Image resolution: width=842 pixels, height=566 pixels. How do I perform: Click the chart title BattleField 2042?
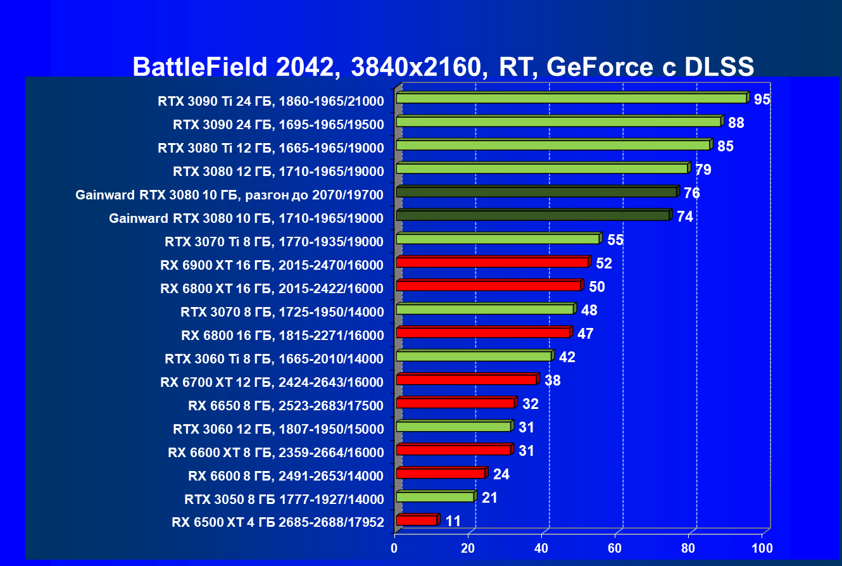pos(443,66)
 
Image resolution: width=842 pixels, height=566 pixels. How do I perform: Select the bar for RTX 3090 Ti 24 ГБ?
pos(571,98)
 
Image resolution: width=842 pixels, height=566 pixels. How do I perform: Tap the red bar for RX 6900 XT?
pos(492,262)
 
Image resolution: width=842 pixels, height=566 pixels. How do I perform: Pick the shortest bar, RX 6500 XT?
pos(417,520)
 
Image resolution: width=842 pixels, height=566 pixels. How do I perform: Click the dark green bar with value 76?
pos(536,192)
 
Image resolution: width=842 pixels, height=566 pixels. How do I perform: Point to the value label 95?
pos(762,99)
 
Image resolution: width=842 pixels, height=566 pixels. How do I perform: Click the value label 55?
pos(615,240)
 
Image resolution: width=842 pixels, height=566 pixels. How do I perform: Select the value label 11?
pos(453,521)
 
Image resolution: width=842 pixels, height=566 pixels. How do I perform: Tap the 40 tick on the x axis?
pos(541,548)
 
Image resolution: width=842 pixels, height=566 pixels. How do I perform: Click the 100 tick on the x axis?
pos(762,548)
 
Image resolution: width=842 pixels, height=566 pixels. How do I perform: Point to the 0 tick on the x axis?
pos(394,548)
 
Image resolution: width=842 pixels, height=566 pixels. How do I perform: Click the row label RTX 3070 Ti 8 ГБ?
pos(273,241)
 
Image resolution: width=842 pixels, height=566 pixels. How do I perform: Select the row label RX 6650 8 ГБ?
pos(286,405)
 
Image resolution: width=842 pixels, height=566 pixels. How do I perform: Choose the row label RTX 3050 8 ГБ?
pos(284,499)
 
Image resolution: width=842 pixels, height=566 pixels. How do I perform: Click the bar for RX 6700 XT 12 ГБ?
pos(466,379)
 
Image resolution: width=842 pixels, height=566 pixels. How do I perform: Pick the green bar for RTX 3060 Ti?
pos(474,356)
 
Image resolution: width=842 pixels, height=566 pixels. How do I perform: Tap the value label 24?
pos(501,474)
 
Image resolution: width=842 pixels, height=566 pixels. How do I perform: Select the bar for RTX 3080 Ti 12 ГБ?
pos(553,145)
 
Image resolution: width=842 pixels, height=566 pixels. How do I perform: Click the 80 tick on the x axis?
pos(688,548)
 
